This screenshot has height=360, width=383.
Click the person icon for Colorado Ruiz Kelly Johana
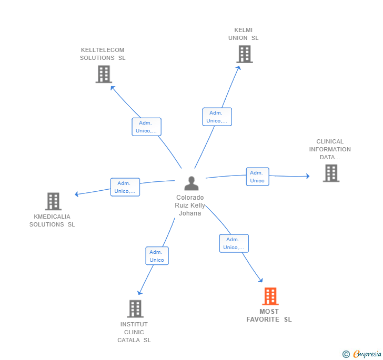pos(191,183)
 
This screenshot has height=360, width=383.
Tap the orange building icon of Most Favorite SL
pos(270,296)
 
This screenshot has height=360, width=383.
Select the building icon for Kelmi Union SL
pos(245,54)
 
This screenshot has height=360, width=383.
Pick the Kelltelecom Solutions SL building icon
pos(104,74)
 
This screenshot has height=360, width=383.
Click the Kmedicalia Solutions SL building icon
pos(53,201)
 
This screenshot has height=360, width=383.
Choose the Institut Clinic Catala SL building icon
pos(135,308)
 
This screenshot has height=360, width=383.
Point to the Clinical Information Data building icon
pos(331,173)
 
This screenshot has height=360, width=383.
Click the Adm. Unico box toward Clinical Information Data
pos(257,177)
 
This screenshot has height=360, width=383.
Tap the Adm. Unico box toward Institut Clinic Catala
pos(157,256)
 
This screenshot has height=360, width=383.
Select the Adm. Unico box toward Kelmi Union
pos(217,117)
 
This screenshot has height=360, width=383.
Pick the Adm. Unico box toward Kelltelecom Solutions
pos(147,127)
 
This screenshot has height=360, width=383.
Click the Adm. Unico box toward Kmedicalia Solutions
pos(125,187)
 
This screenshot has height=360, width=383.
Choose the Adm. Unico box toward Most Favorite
pos(234,243)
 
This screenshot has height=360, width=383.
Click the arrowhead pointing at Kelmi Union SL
pos(239,68)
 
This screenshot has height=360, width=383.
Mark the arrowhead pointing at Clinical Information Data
pos(308,176)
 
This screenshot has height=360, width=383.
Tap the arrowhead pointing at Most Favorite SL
pos(261,280)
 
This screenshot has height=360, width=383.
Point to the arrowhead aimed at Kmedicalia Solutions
pos(77,194)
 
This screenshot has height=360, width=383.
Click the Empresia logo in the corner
pos(362,354)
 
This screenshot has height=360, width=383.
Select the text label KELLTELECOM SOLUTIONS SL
pos(103,54)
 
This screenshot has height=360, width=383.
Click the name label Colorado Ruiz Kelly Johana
pos(190,205)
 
